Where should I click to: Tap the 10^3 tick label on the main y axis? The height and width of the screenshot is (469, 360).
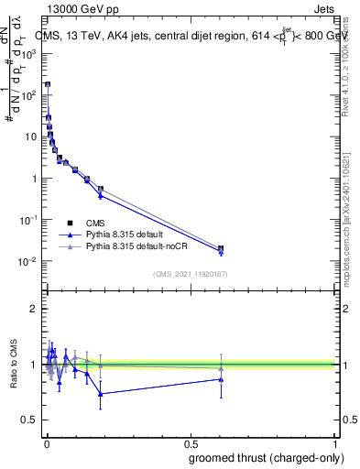pyautogui.click(x=27, y=53)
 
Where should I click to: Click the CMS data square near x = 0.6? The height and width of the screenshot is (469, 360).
pyautogui.click(x=221, y=248)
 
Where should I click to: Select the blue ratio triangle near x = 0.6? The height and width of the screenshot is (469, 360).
pyautogui.click(x=221, y=378)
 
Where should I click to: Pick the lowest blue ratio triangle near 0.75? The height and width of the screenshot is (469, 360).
pyautogui.click(x=101, y=394)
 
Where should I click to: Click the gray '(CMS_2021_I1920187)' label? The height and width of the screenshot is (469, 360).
pyautogui.click(x=191, y=273)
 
